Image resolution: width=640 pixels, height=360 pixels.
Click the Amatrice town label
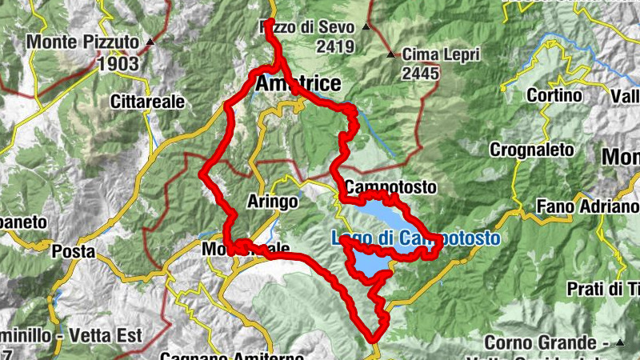click(298, 83)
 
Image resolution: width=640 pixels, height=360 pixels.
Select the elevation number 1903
click(118, 62)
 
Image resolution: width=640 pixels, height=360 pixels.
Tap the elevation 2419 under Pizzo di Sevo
click(335, 46)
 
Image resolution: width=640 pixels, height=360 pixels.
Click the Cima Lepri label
click(441, 54)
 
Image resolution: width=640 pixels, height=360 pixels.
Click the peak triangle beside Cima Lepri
click(391, 55)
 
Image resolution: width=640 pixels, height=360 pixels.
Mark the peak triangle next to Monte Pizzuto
click(150, 40)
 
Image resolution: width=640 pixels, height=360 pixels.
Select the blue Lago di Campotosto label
click(416, 238)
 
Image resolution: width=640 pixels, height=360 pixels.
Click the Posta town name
click(73, 252)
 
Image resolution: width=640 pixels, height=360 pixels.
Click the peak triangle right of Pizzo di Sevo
click(366, 27)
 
